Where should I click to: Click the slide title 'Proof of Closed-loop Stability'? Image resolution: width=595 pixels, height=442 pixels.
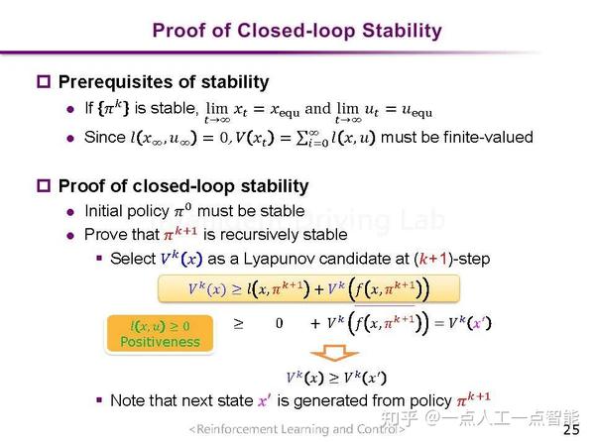tap(297, 31)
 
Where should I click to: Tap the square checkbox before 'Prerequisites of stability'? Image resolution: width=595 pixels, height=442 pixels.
tap(44, 81)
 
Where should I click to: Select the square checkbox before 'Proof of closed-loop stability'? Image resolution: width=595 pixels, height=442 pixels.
tap(44, 185)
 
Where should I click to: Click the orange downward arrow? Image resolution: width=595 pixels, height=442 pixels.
tap(334, 353)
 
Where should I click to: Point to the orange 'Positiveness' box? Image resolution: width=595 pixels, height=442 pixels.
tap(160, 334)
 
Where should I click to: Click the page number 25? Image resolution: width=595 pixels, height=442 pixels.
tap(571, 429)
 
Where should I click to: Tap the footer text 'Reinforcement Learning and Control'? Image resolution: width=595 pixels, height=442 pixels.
tap(297, 429)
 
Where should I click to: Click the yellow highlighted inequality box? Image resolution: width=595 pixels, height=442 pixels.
tap(308, 289)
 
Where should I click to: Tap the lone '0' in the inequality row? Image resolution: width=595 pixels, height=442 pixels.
tap(280, 323)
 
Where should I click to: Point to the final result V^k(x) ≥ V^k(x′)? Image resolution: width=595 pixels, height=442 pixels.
tap(336, 378)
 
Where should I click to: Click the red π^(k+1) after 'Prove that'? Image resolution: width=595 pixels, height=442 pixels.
tap(180, 233)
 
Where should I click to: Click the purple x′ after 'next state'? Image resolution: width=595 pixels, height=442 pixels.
tap(265, 400)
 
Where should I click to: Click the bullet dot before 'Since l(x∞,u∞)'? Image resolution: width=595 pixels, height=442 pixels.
tap(70, 139)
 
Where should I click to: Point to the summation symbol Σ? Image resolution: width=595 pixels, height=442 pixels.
tap(302, 138)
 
